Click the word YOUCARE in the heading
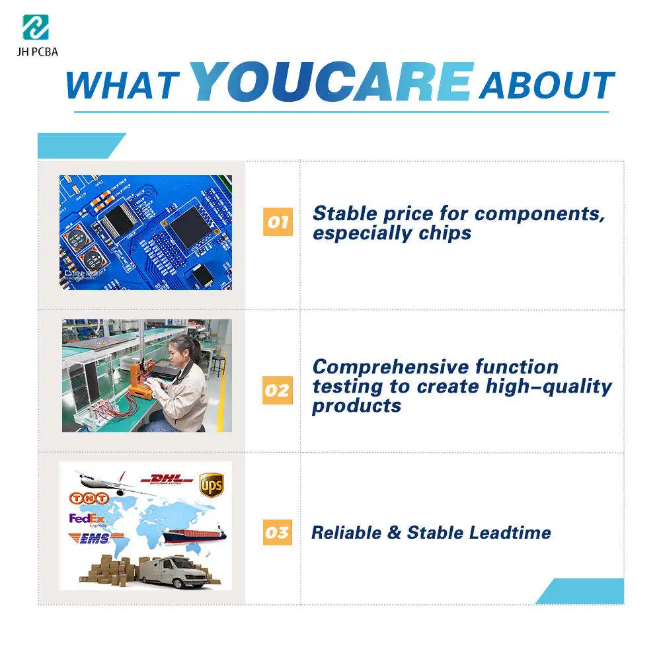coord(332,83)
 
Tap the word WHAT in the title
coord(123,85)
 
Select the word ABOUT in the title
coord(546,85)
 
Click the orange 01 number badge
coord(278,223)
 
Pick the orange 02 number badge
coord(278,390)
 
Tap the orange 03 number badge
coord(278,532)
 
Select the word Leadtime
coord(510,532)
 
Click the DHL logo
coord(168,480)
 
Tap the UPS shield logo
coord(212,485)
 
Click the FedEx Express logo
coord(87,520)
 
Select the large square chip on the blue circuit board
coord(190,227)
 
